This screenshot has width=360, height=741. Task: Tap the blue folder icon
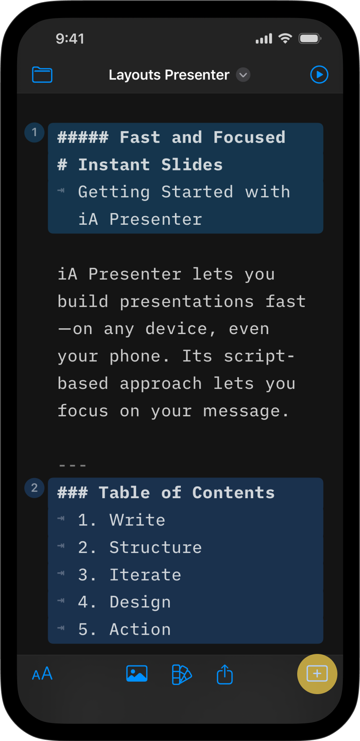pyautogui.click(x=42, y=75)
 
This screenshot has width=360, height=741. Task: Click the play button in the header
pyautogui.click(x=319, y=75)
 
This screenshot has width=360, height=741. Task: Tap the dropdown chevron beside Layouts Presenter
pyautogui.click(x=243, y=75)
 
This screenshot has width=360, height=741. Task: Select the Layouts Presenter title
pyautogui.click(x=169, y=75)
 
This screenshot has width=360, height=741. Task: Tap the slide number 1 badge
pyautogui.click(x=34, y=133)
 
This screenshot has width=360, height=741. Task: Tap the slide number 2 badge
pyautogui.click(x=34, y=488)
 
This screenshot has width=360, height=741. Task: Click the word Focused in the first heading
pyautogui.click(x=249, y=137)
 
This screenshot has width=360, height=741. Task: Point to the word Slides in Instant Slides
pyautogui.click(x=192, y=165)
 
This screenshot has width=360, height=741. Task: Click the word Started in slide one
pyautogui.click(x=197, y=192)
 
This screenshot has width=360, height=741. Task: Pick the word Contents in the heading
pyautogui.click(x=234, y=493)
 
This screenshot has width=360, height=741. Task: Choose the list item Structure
pyautogui.click(x=156, y=548)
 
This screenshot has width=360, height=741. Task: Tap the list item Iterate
pyautogui.click(x=145, y=575)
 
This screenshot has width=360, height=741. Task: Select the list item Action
pyautogui.click(x=140, y=629)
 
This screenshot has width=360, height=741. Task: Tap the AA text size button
pyautogui.click(x=42, y=674)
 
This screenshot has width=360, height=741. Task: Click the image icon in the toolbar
pyautogui.click(x=137, y=674)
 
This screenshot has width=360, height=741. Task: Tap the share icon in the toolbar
pyautogui.click(x=225, y=674)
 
